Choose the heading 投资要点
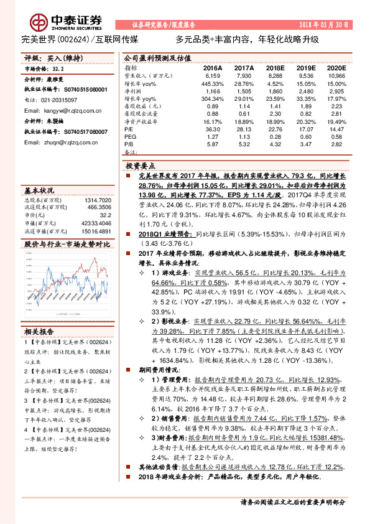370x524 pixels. pos(140,167)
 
